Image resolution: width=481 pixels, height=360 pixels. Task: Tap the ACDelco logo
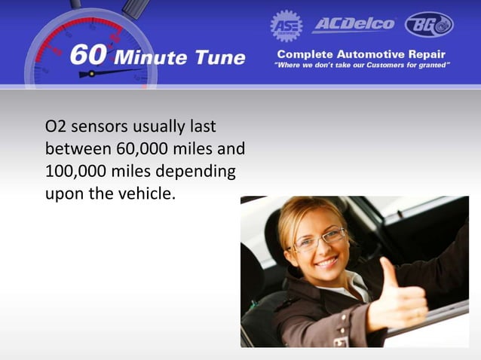point(354,24)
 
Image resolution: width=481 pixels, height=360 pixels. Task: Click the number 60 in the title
point(89,56)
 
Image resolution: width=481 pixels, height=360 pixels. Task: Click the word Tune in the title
point(220,56)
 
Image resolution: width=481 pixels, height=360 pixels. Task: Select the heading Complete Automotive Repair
point(360,55)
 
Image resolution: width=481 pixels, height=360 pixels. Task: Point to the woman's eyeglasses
point(318,240)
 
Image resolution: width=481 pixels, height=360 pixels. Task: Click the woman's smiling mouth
point(327,262)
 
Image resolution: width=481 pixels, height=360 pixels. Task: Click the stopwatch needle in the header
point(113,72)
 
